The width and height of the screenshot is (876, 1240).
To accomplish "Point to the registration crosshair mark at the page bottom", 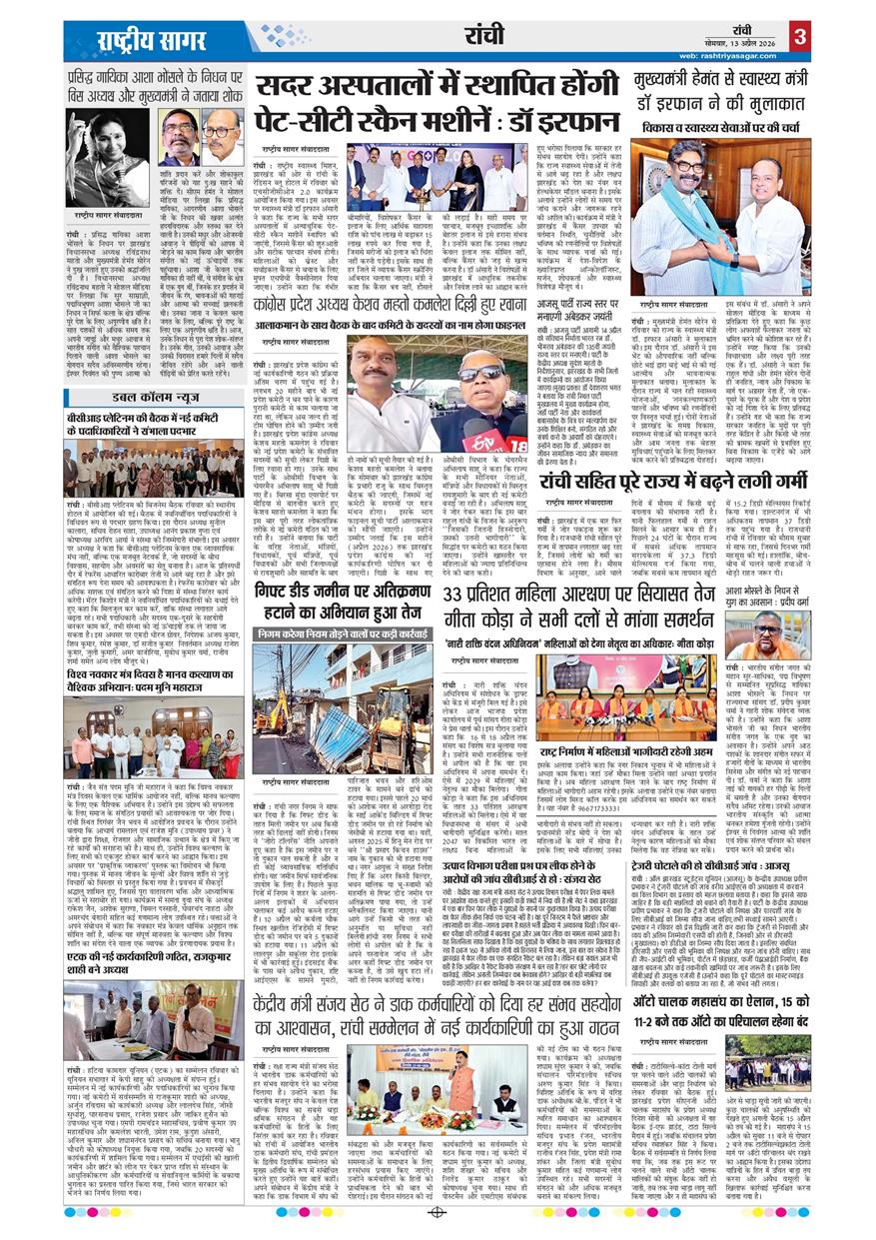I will [437, 1212].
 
